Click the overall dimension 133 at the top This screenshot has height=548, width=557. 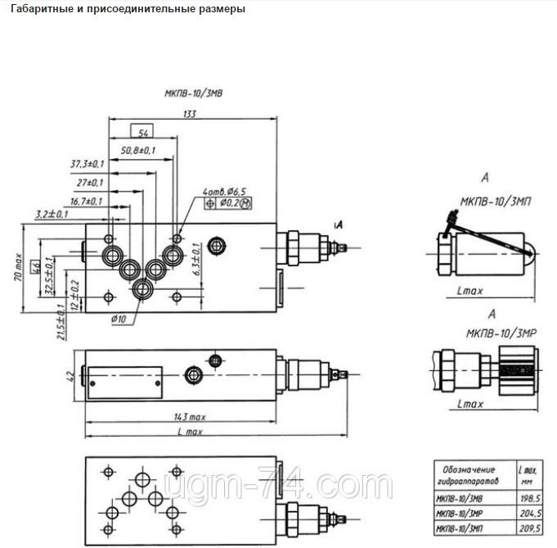click(190, 115)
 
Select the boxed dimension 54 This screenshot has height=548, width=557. click(143, 132)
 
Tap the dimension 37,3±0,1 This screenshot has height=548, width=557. click(92, 165)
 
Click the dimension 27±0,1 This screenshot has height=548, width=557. click(92, 183)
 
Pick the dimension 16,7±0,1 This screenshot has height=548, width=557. click(87, 201)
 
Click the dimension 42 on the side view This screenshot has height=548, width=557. click(70, 376)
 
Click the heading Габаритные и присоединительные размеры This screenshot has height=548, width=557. click(124, 9)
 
